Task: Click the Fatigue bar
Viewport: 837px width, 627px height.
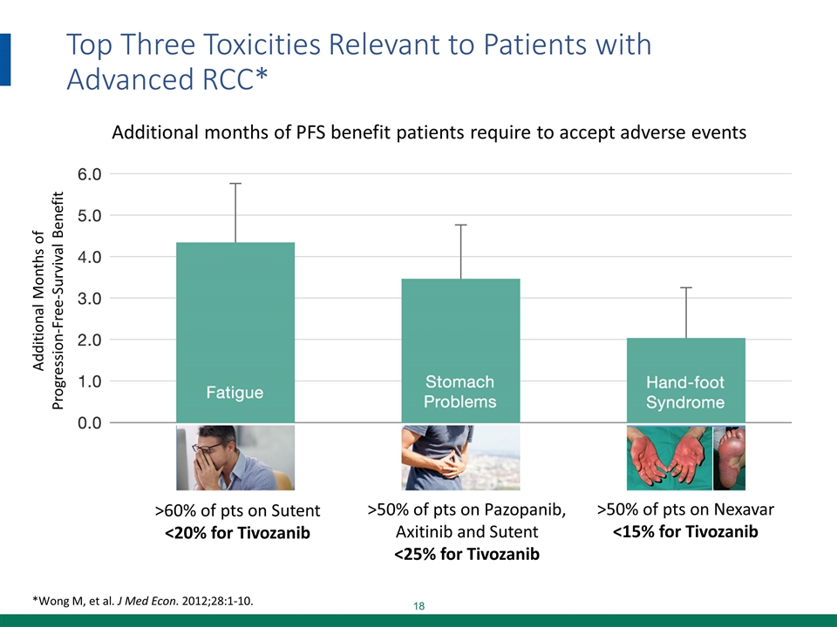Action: click(x=235, y=332)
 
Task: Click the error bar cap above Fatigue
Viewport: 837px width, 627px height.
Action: click(x=235, y=184)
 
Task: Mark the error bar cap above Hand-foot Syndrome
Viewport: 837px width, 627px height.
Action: click(x=685, y=287)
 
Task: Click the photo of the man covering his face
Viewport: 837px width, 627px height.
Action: click(x=235, y=458)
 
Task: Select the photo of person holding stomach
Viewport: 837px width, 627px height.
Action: click(x=460, y=458)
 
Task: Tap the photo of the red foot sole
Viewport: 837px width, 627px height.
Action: click(x=730, y=458)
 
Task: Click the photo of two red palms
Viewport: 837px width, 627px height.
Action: click(x=669, y=458)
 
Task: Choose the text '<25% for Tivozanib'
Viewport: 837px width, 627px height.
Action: click(x=466, y=555)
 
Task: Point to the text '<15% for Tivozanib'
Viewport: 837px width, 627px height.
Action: click(x=685, y=531)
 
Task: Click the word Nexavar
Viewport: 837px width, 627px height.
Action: click(x=744, y=509)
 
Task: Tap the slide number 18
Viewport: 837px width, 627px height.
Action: click(x=419, y=606)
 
